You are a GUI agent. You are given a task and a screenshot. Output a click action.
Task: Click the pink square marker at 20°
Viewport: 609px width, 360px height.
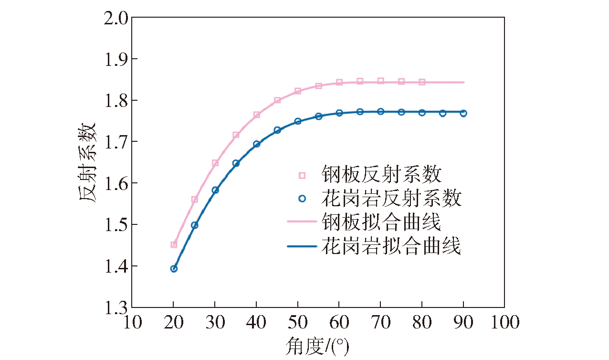pos(174,244)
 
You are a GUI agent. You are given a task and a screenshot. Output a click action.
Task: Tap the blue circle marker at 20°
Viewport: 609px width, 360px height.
pos(174,268)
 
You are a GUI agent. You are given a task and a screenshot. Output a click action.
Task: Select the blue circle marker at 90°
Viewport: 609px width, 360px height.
pos(463,113)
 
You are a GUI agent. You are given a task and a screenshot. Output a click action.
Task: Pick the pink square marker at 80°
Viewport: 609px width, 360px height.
pos(422,82)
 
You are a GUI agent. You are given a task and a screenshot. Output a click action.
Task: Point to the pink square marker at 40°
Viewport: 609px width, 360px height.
pos(257,115)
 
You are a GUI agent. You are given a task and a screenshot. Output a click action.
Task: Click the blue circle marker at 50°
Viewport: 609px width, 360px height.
pos(298,121)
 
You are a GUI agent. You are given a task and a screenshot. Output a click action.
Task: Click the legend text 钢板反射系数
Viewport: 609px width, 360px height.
pos(381,175)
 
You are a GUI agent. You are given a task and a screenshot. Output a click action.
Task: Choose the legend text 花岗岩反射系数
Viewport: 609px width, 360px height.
pos(391,198)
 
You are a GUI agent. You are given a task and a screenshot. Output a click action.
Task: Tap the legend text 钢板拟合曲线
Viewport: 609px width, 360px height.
pos(381,222)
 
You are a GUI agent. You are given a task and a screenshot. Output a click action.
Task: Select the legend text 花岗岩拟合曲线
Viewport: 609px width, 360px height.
pos(391,246)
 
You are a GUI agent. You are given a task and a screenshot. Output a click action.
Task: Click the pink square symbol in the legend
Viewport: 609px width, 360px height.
pos(302,175)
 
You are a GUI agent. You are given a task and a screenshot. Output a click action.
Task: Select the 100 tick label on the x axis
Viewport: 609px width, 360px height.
pos(504,323)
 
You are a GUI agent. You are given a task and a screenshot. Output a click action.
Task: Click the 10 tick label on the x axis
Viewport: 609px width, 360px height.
pos(133,323)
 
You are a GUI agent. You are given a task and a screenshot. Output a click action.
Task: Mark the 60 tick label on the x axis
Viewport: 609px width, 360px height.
pos(339,323)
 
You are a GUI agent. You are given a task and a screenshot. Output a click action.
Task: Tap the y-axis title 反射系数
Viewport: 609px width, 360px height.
pos(88,162)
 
